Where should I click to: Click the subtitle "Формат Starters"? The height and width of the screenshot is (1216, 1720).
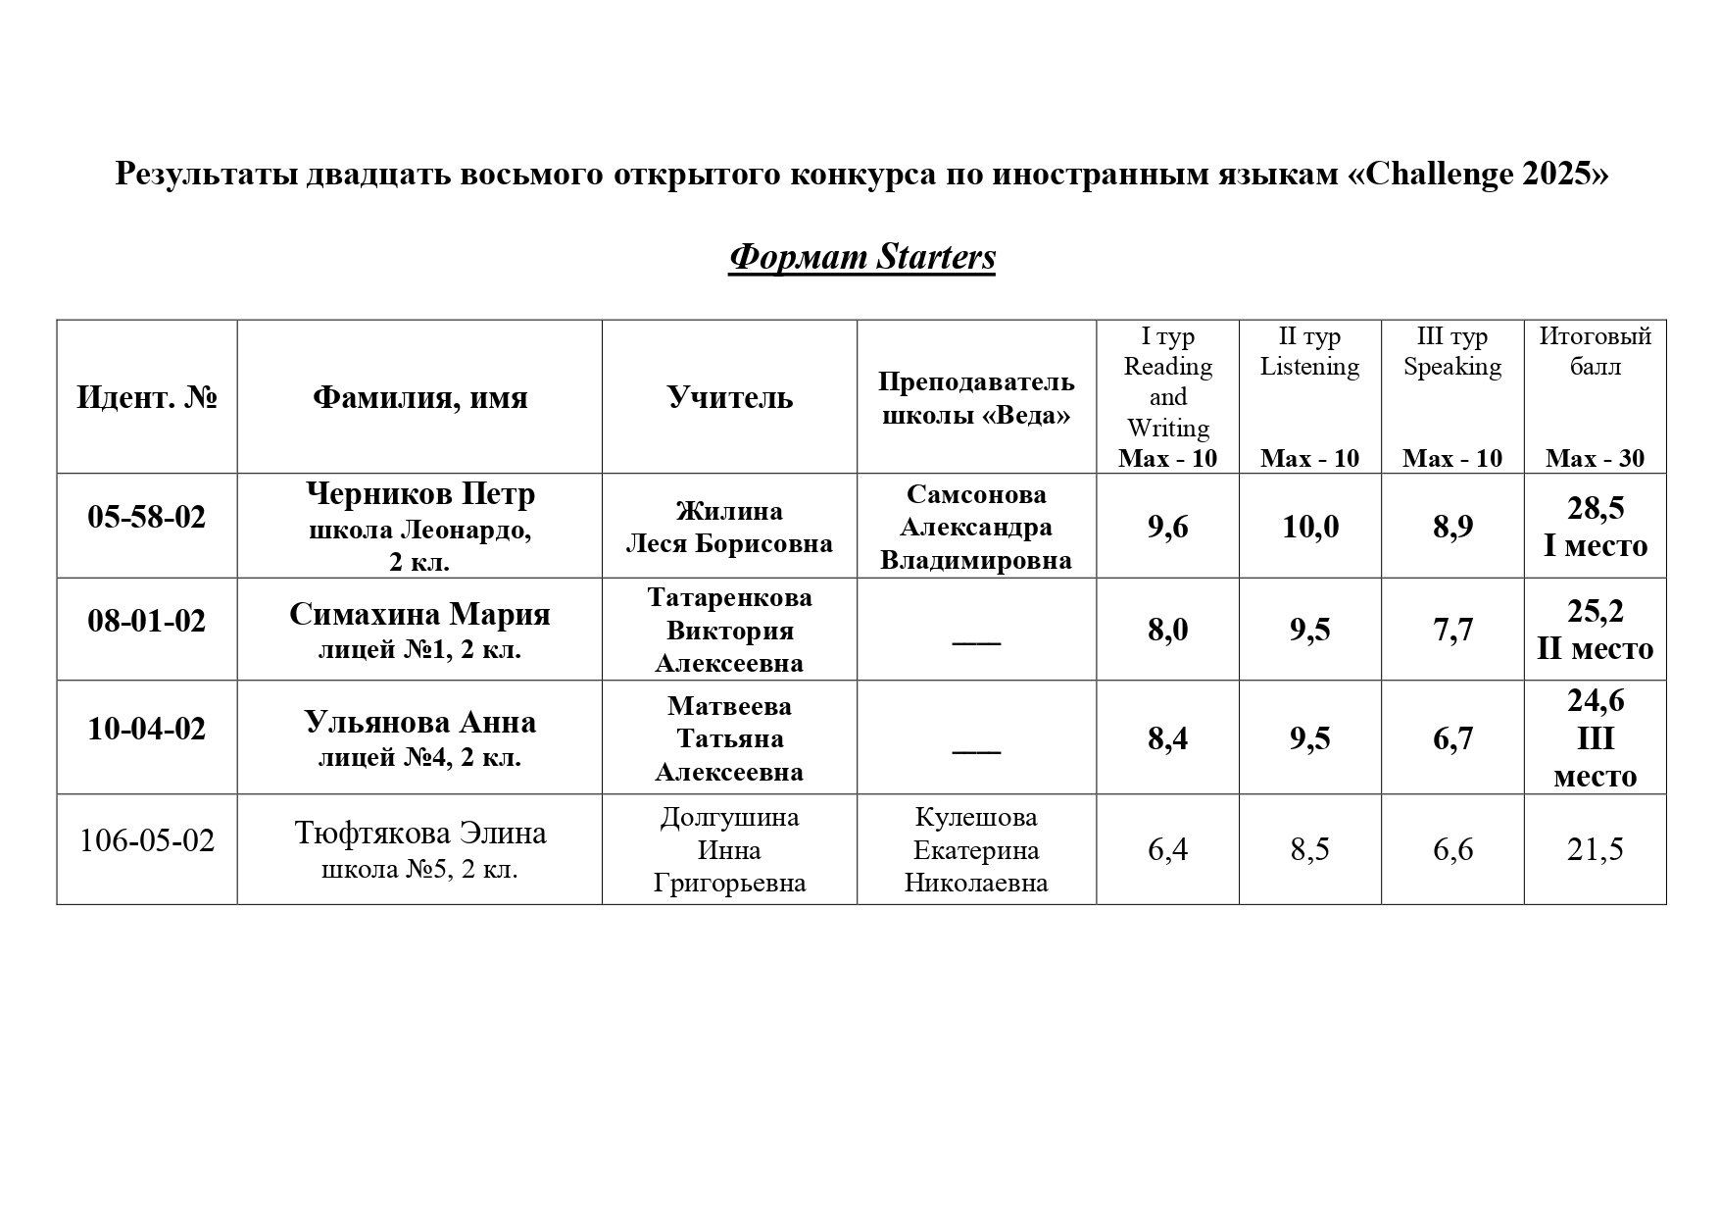coord(861,257)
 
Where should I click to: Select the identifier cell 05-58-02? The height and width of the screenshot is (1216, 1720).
coord(147,517)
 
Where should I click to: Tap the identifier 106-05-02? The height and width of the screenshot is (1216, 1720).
coord(147,841)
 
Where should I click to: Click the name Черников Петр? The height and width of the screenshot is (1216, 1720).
coord(419,493)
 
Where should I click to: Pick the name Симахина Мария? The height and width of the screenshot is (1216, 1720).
coord(419,614)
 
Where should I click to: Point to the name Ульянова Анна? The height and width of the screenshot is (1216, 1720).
coord(419,723)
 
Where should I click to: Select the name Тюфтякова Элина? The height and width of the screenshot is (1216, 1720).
coord(419,833)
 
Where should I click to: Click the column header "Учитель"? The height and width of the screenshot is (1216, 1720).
coord(729,397)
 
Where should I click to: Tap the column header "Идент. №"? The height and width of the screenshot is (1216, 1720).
coord(147,397)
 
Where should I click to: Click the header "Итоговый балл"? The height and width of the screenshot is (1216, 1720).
coord(1595,351)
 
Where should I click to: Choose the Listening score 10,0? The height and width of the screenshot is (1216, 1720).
coord(1310,528)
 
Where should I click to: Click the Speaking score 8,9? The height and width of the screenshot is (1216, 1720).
coord(1452,528)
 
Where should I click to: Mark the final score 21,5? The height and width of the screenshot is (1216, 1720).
coord(1595,849)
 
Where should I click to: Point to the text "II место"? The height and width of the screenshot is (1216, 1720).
coord(1595,648)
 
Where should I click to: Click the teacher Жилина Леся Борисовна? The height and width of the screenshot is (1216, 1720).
coord(729,527)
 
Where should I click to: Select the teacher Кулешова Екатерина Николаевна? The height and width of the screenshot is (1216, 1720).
coord(975,849)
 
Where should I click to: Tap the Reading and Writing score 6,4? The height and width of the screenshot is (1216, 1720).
coord(1167,849)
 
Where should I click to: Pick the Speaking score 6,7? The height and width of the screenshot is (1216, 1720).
coord(1452,738)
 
